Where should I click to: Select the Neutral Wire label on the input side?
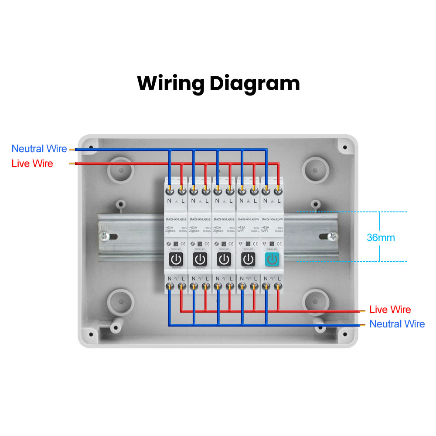tap(39, 149)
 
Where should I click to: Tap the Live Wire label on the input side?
tap(32, 163)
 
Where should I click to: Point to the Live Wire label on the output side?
tap(390, 310)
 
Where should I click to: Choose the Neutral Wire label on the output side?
tap(397, 324)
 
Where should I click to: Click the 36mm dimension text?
tap(381, 238)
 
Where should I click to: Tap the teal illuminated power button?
tap(272, 259)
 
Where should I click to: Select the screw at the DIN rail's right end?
tap(332, 236)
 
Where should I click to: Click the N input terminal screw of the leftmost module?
tap(170, 191)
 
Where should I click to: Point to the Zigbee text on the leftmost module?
tap(170, 231)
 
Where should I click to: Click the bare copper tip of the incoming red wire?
tap(72, 164)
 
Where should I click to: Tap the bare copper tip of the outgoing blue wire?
tap(362, 325)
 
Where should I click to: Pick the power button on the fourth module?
tap(248, 259)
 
